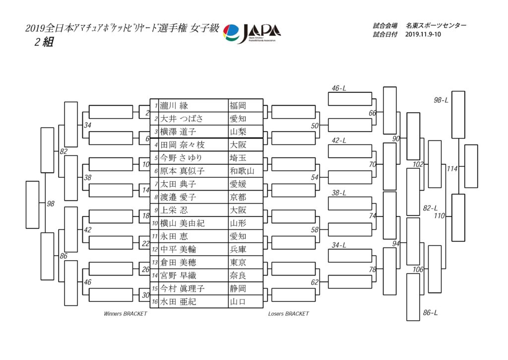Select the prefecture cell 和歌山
pyautogui.click(x=242, y=171)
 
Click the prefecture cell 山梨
pyautogui.click(x=238, y=132)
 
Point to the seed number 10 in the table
pyautogui.click(x=155, y=223)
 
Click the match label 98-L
pyautogui.click(x=441, y=100)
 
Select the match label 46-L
pyautogui.click(x=339, y=88)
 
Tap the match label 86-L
pyautogui.click(x=431, y=313)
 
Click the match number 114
pyautogui.click(x=451, y=169)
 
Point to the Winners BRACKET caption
pyautogui.click(x=125, y=314)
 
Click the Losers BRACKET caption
pyautogui.click(x=288, y=314)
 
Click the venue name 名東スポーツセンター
pyautogui.click(x=436, y=25)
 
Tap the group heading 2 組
pyautogui.click(x=44, y=42)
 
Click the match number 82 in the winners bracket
pyautogui.click(x=63, y=151)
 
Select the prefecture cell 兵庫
pyautogui.click(x=238, y=249)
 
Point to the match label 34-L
pyautogui.click(x=339, y=245)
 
